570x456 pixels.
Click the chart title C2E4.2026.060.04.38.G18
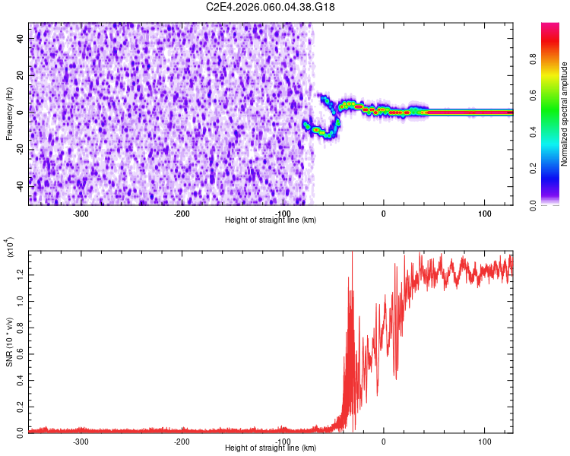tap(271, 7)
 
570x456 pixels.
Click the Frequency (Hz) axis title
tap(9, 113)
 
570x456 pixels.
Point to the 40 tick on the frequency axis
tap(21, 40)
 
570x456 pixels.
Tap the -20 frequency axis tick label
tap(21, 148)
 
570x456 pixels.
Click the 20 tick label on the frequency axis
tap(21, 76)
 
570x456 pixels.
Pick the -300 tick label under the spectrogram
tap(81, 213)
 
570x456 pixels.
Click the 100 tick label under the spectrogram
tap(484, 213)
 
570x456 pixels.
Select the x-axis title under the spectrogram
tap(271, 220)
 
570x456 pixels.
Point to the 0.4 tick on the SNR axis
tap(21, 377)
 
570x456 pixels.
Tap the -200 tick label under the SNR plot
tap(182, 441)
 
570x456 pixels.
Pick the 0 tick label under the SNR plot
tap(384, 441)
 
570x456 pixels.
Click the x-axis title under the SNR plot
tap(271, 448)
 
